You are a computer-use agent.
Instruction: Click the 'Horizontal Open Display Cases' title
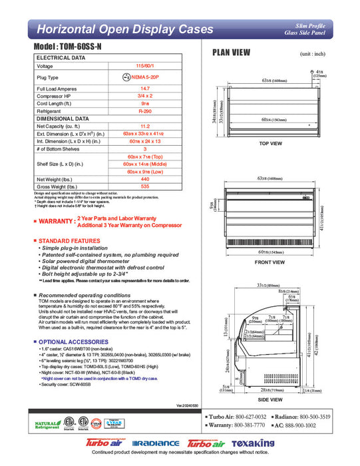tap(124, 29)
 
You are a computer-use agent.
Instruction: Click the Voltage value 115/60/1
tap(144, 66)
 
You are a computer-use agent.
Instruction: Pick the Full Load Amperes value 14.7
tap(144, 88)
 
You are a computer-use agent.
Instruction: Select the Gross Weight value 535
tap(144, 187)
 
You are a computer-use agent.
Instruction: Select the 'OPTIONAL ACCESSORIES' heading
tap(73, 342)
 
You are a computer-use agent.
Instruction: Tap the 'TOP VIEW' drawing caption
tap(271, 143)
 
